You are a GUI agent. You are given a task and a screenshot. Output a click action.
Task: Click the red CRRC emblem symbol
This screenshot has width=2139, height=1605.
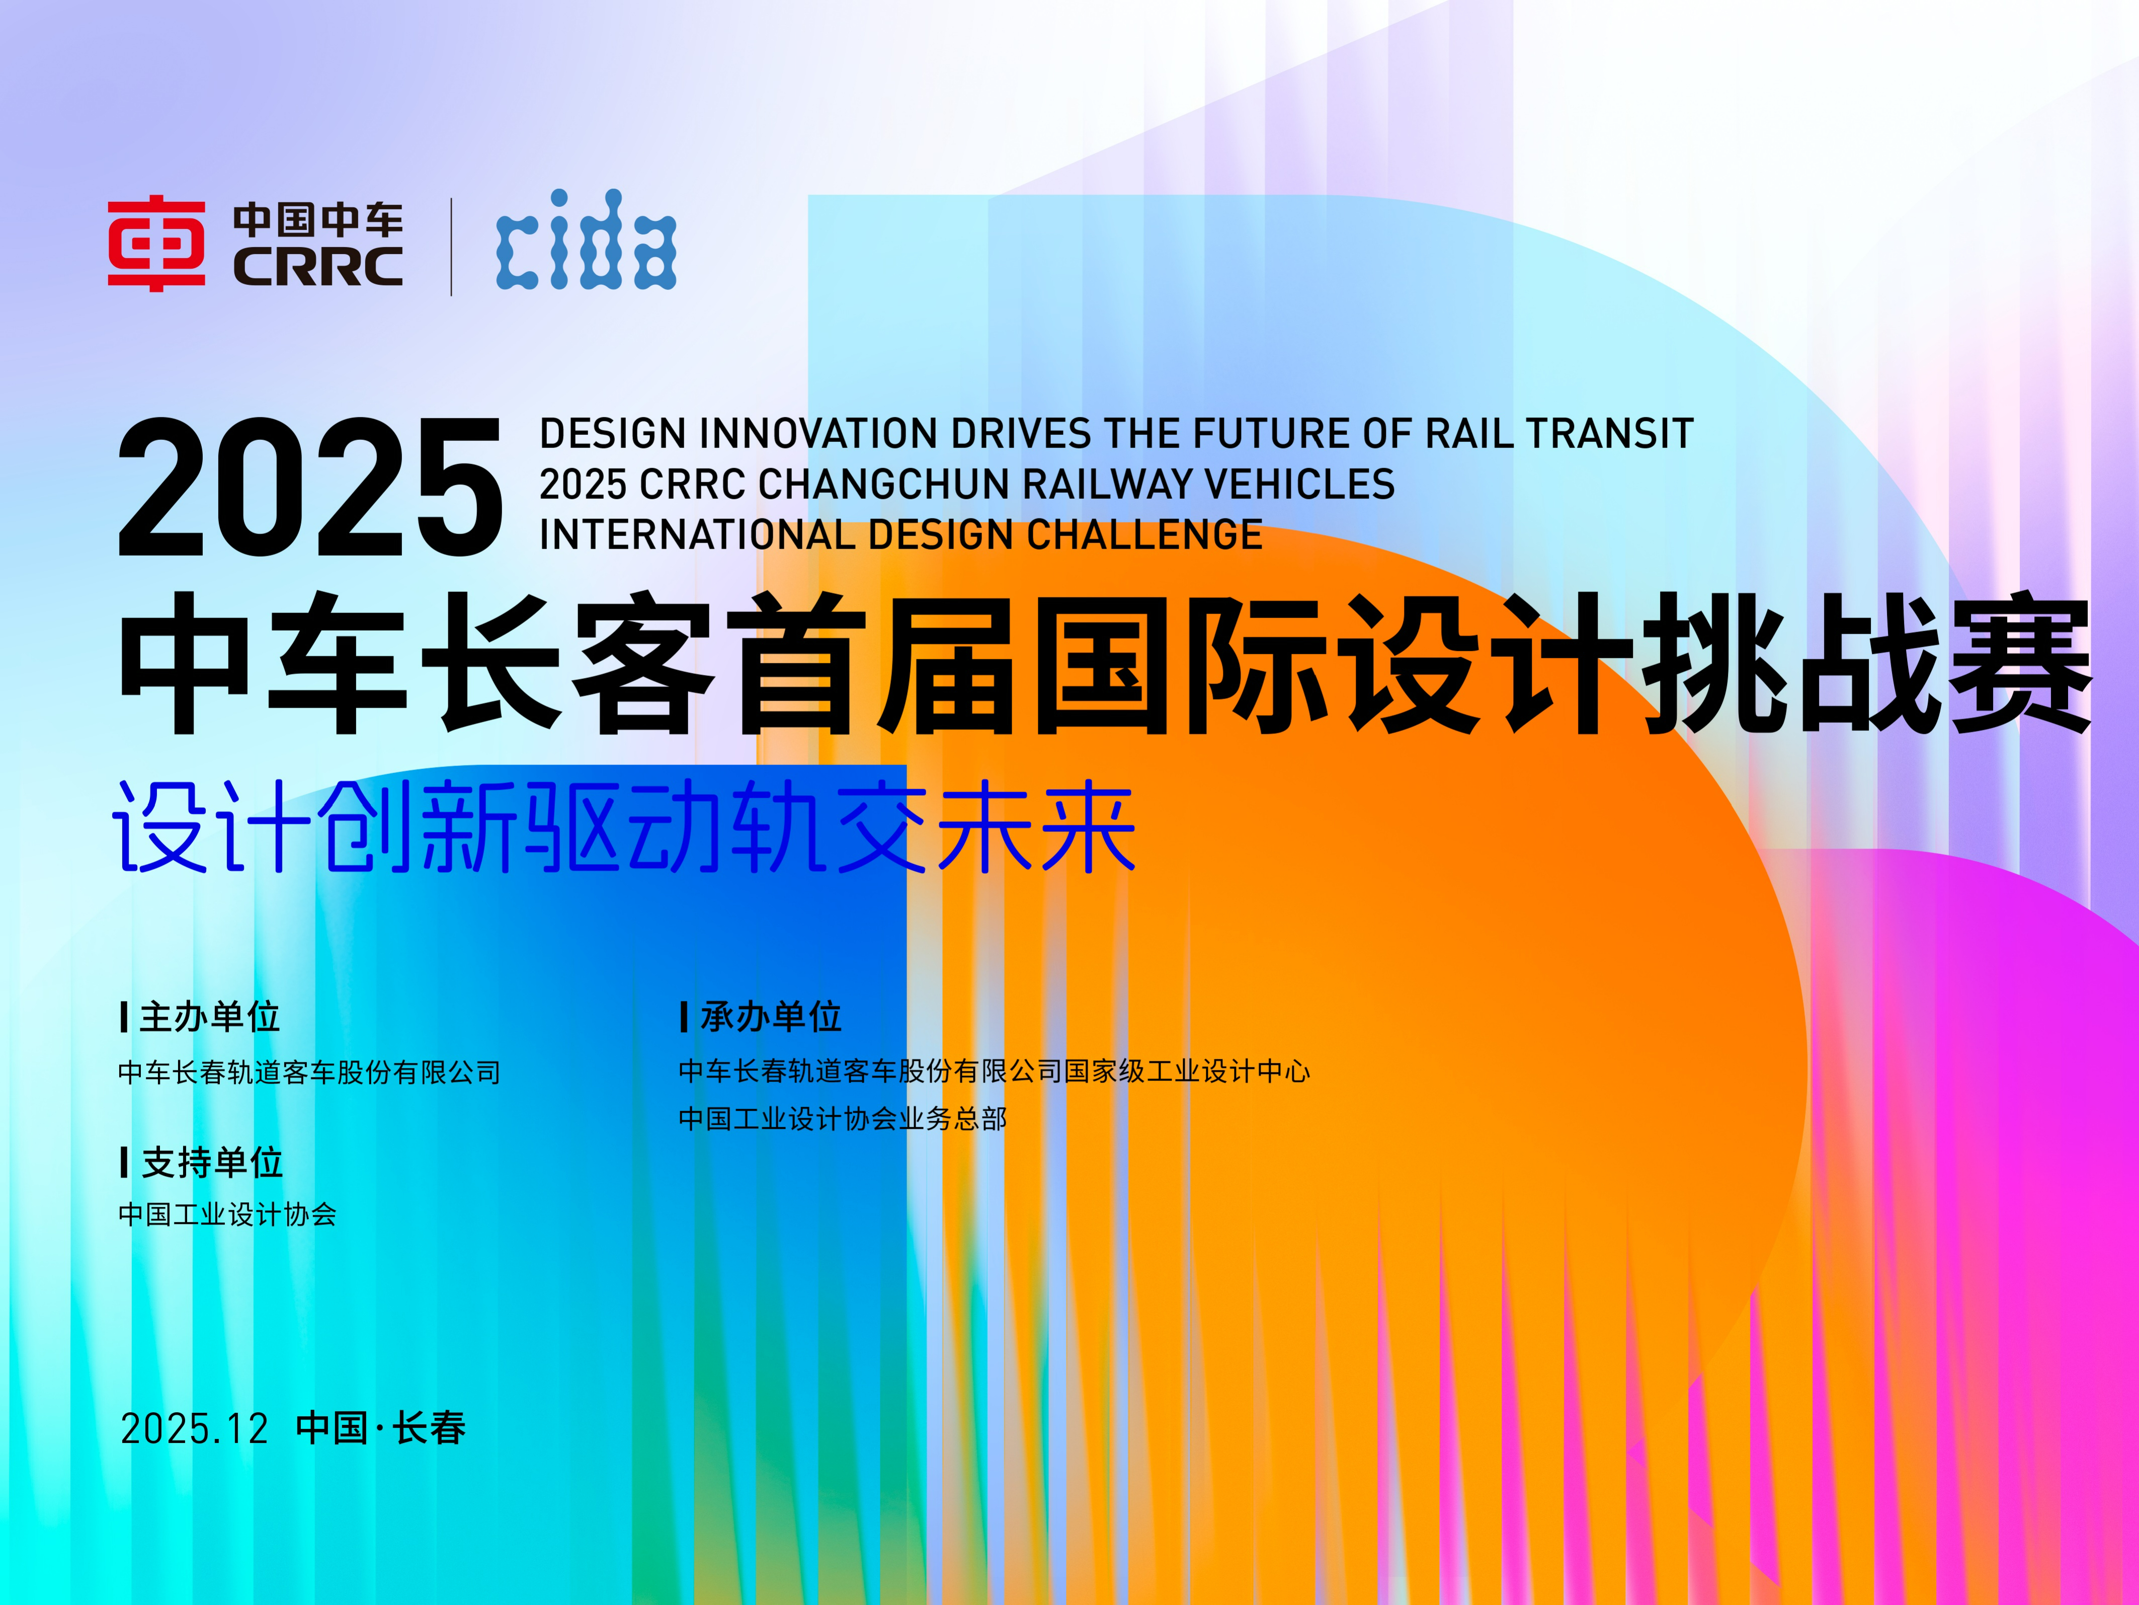click(155, 243)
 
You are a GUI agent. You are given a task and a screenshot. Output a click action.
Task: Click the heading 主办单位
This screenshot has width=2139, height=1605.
click(210, 1017)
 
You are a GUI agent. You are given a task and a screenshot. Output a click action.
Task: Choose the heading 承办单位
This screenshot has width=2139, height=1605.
click(771, 1017)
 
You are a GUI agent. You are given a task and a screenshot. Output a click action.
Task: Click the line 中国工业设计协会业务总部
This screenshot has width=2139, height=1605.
click(842, 1119)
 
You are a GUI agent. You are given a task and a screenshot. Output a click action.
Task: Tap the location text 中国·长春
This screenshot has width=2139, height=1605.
click(381, 1428)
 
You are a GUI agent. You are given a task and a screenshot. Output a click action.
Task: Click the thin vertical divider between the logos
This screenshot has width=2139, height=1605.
click(451, 247)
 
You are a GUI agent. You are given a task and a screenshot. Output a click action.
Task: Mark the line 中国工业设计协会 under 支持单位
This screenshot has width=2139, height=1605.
click(227, 1214)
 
